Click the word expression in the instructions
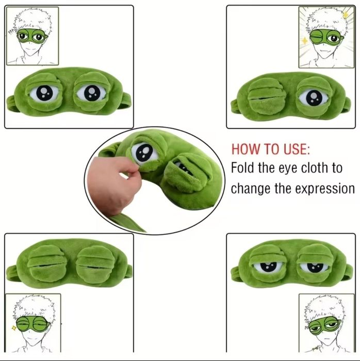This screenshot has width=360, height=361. coord(325,189)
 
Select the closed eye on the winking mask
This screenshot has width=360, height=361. coord(267,97)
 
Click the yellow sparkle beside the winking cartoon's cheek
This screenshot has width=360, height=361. coord(305,41)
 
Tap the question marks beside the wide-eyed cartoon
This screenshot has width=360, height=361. coord(11,32)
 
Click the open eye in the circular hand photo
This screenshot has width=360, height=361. coord(144,152)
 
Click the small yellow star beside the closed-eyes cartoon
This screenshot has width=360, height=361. coord(14,327)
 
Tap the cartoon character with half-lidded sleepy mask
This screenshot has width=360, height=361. coord(326,323)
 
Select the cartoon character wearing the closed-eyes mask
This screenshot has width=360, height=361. coord(34,323)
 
